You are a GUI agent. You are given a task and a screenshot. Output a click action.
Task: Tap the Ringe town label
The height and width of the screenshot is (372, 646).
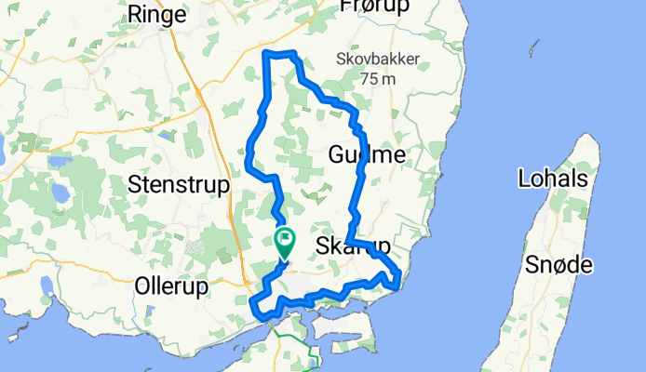(160, 14)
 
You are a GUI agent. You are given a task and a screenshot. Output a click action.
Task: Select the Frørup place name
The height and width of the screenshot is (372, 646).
(375, 7)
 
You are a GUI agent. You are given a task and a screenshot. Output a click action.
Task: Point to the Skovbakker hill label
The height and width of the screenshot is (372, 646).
(378, 60)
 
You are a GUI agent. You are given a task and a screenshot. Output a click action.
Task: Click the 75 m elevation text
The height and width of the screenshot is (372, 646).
(379, 80)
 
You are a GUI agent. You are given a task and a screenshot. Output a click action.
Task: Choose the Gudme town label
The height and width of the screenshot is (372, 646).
(367, 155)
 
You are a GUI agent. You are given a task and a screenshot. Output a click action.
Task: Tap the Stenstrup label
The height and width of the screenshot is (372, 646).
(179, 184)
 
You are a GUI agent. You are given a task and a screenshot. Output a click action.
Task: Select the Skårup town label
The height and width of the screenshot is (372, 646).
(353, 246)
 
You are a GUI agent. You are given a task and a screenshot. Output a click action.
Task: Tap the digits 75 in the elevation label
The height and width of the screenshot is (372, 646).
(368, 80)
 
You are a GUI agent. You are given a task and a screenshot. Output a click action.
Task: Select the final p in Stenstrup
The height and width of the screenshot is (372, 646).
(222, 186)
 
